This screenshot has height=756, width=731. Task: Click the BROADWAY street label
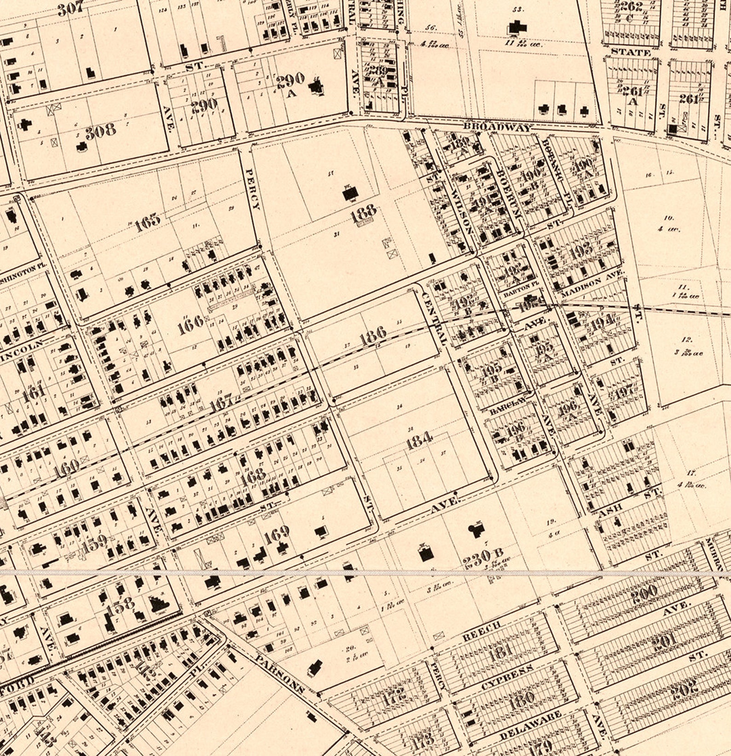click(x=497, y=127)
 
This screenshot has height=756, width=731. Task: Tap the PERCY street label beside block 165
click(x=252, y=188)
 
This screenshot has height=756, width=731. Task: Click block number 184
click(x=419, y=441)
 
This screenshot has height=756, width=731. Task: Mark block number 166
click(x=191, y=321)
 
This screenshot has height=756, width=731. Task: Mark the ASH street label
click(x=611, y=508)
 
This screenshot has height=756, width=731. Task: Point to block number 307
click(x=70, y=9)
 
